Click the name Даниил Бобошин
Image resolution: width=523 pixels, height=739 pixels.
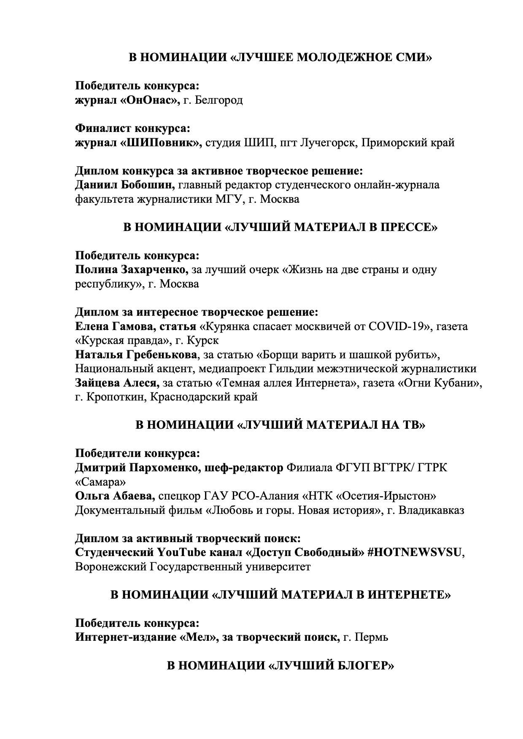pyautogui.click(x=125, y=185)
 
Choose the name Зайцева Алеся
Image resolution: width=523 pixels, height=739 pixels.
pyautogui.click(x=117, y=383)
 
